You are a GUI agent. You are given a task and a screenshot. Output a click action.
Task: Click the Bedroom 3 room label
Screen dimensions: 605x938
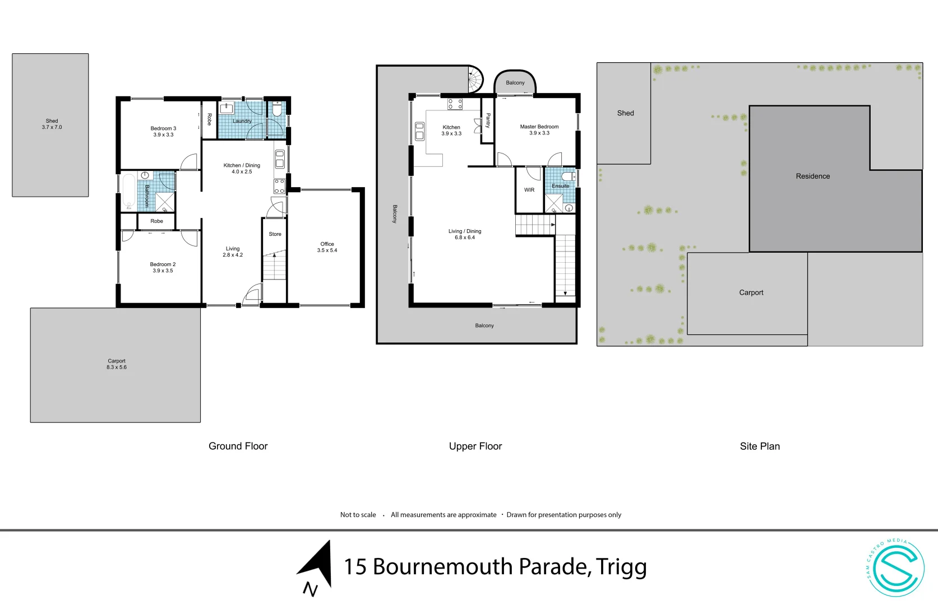(x=163, y=131)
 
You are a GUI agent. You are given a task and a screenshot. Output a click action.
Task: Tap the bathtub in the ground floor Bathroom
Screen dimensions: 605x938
(x=128, y=192)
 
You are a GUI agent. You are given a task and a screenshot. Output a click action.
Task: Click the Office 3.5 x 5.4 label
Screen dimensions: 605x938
(x=327, y=247)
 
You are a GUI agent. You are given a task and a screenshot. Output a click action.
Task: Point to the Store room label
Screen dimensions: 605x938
(x=275, y=234)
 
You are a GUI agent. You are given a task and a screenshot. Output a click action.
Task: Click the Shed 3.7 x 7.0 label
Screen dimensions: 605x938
(x=52, y=124)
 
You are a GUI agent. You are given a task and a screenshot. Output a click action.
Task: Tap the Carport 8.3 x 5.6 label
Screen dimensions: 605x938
(x=117, y=364)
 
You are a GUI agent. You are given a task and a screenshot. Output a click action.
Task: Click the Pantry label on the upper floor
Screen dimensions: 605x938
(x=488, y=120)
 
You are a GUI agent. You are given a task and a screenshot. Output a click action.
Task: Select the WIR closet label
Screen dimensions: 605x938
(x=529, y=190)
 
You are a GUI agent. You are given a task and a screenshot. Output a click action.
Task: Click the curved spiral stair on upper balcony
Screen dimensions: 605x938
(x=475, y=80)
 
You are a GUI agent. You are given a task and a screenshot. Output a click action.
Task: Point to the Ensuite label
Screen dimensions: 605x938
(x=560, y=186)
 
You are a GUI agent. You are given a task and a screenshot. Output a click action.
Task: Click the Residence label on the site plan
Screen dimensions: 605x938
(x=812, y=176)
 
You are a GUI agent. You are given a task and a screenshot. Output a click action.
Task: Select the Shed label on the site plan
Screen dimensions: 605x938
(x=625, y=113)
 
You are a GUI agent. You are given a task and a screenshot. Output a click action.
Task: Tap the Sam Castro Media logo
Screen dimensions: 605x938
(x=895, y=567)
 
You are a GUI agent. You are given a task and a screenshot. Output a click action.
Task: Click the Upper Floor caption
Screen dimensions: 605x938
(x=475, y=446)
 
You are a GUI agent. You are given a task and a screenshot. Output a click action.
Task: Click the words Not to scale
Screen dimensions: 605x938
(x=358, y=515)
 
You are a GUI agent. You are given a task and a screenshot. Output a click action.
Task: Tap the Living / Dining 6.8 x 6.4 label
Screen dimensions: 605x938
(x=464, y=234)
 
